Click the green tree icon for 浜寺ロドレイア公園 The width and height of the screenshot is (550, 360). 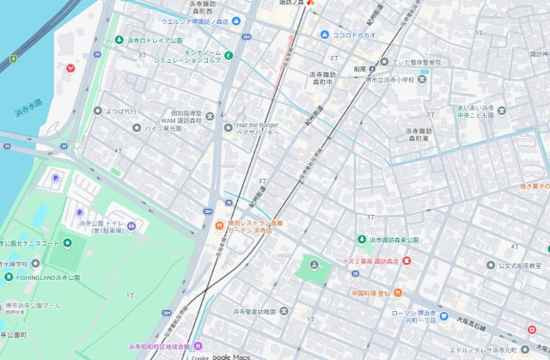click(x=119, y=40)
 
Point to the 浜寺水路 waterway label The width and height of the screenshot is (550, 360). click(x=28, y=108)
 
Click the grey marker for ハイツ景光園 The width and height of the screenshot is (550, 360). click(x=136, y=128)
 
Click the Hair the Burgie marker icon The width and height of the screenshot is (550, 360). click(x=229, y=128)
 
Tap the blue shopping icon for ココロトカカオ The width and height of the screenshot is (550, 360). click(x=324, y=34)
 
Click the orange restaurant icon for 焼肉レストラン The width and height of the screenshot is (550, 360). click(x=220, y=227)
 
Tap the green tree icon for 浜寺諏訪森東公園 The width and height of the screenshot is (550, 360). click(x=361, y=239)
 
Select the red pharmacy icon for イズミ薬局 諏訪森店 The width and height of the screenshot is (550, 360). click(x=406, y=260)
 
